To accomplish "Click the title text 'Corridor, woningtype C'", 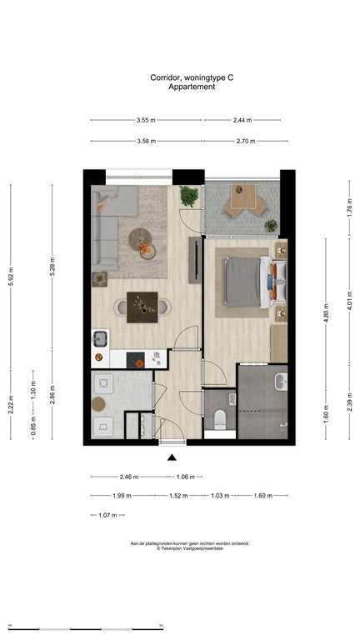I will [192, 77].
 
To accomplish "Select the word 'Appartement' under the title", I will [192, 86].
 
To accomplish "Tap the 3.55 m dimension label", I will [146, 120].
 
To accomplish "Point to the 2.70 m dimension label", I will [245, 141].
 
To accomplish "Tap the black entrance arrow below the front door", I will [172, 457].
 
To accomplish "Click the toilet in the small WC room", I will [219, 418].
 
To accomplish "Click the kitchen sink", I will [100, 338].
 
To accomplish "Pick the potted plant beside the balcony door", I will [189, 197].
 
